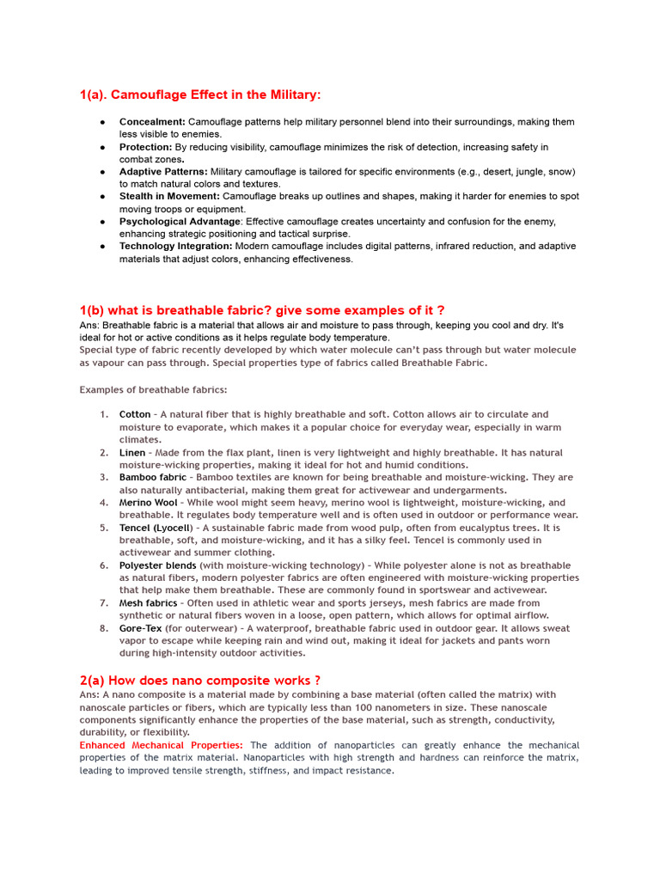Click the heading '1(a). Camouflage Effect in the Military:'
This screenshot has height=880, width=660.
[x=199, y=95]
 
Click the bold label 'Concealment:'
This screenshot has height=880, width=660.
[x=152, y=122]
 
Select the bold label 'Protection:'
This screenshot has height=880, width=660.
[x=146, y=147]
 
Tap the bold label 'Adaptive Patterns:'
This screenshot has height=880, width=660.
[x=163, y=172]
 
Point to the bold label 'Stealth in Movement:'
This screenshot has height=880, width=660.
[x=169, y=197]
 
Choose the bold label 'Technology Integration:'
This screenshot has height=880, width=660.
[x=175, y=246]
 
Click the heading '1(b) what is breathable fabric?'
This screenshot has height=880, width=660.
[x=262, y=309]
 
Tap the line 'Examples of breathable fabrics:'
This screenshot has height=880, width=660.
[x=154, y=389]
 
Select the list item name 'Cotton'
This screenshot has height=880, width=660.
[x=135, y=414]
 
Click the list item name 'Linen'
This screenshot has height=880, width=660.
[x=132, y=452]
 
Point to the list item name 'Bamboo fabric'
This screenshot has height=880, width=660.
[x=152, y=477]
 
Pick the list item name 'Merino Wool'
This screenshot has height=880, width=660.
[x=149, y=503]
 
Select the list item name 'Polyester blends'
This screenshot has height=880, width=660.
[x=157, y=565]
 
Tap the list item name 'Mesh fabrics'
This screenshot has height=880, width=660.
[x=148, y=603]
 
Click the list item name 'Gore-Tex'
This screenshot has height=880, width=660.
[x=140, y=628]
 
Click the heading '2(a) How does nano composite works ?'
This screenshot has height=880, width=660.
[x=200, y=680]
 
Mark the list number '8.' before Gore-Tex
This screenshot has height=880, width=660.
[x=103, y=628]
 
